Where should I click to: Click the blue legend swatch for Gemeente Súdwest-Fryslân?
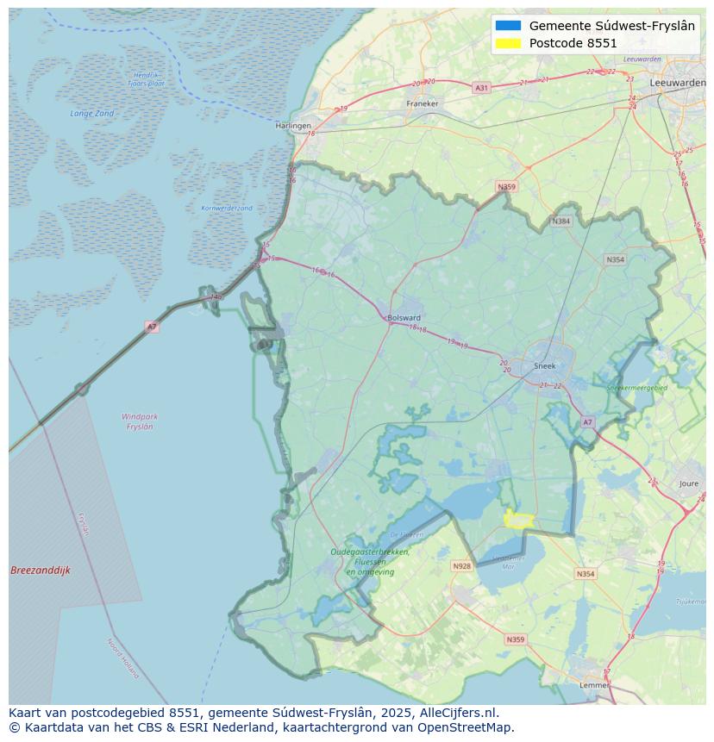(509, 26)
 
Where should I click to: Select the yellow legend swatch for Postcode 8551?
(509, 43)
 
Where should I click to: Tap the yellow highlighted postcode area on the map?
(518, 519)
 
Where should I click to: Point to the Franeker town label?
(422, 103)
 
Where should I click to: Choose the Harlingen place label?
(293, 125)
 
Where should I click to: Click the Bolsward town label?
(404, 317)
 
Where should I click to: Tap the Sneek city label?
(545, 365)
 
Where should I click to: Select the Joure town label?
(688, 484)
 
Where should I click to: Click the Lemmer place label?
(593, 685)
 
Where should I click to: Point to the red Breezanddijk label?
(41, 571)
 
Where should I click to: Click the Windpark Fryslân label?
(140, 421)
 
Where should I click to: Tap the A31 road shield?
(481, 88)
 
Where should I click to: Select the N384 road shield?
(561, 221)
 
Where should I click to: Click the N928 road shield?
(462, 566)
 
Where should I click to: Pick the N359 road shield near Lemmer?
(515, 639)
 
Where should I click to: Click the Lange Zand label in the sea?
(91, 113)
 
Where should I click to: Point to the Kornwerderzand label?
(227, 208)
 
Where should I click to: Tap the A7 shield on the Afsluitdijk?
(152, 327)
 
